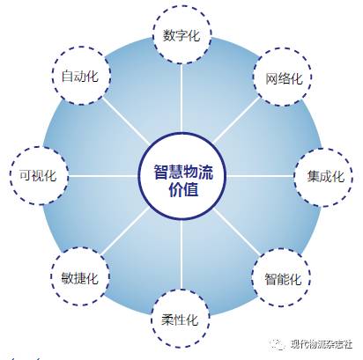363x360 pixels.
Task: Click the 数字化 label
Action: point(181,35)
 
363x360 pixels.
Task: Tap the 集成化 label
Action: point(326,176)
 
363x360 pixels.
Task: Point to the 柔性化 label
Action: point(180,320)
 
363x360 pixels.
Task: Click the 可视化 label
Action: point(38,175)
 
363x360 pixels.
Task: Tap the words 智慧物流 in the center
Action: point(183,172)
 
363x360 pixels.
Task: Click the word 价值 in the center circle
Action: point(183,189)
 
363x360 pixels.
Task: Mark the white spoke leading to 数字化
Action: point(181,98)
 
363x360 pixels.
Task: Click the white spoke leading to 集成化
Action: point(260,176)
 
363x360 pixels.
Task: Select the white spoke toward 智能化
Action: point(236,231)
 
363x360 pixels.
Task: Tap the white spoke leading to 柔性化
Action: point(181,254)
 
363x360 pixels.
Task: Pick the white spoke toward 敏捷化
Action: point(126,231)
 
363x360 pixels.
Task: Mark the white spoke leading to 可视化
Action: point(103,176)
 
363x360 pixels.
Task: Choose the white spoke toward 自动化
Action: point(127,121)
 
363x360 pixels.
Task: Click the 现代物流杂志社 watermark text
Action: point(321,344)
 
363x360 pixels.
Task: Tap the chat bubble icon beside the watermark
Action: point(278,344)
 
